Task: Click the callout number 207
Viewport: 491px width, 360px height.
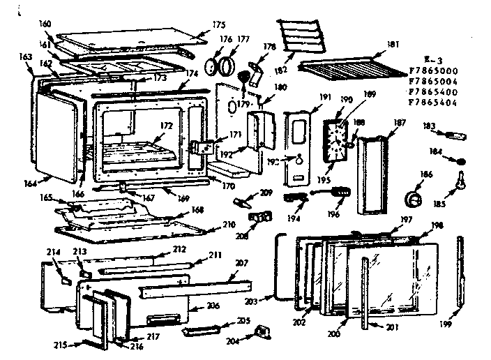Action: [x=241, y=262]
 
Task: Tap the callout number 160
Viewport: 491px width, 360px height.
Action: [x=45, y=24]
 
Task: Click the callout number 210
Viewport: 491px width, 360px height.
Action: [x=228, y=225]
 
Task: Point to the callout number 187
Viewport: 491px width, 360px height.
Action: [x=400, y=123]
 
